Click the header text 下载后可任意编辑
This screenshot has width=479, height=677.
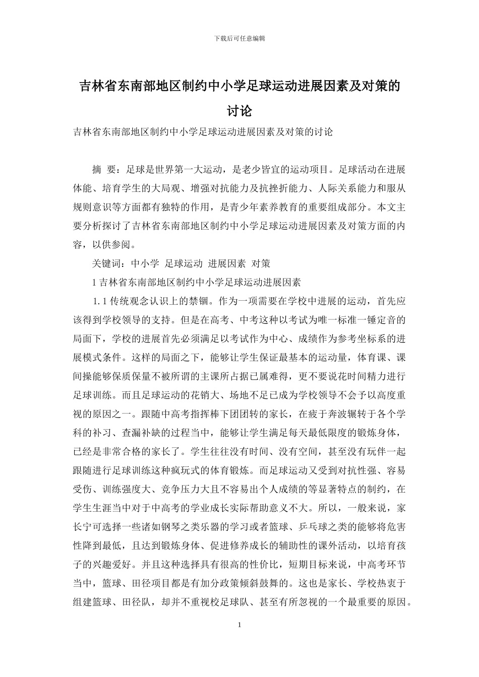coord(239,38)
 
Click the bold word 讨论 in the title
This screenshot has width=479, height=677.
coord(239,110)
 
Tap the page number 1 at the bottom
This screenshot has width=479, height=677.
coord(239,625)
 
